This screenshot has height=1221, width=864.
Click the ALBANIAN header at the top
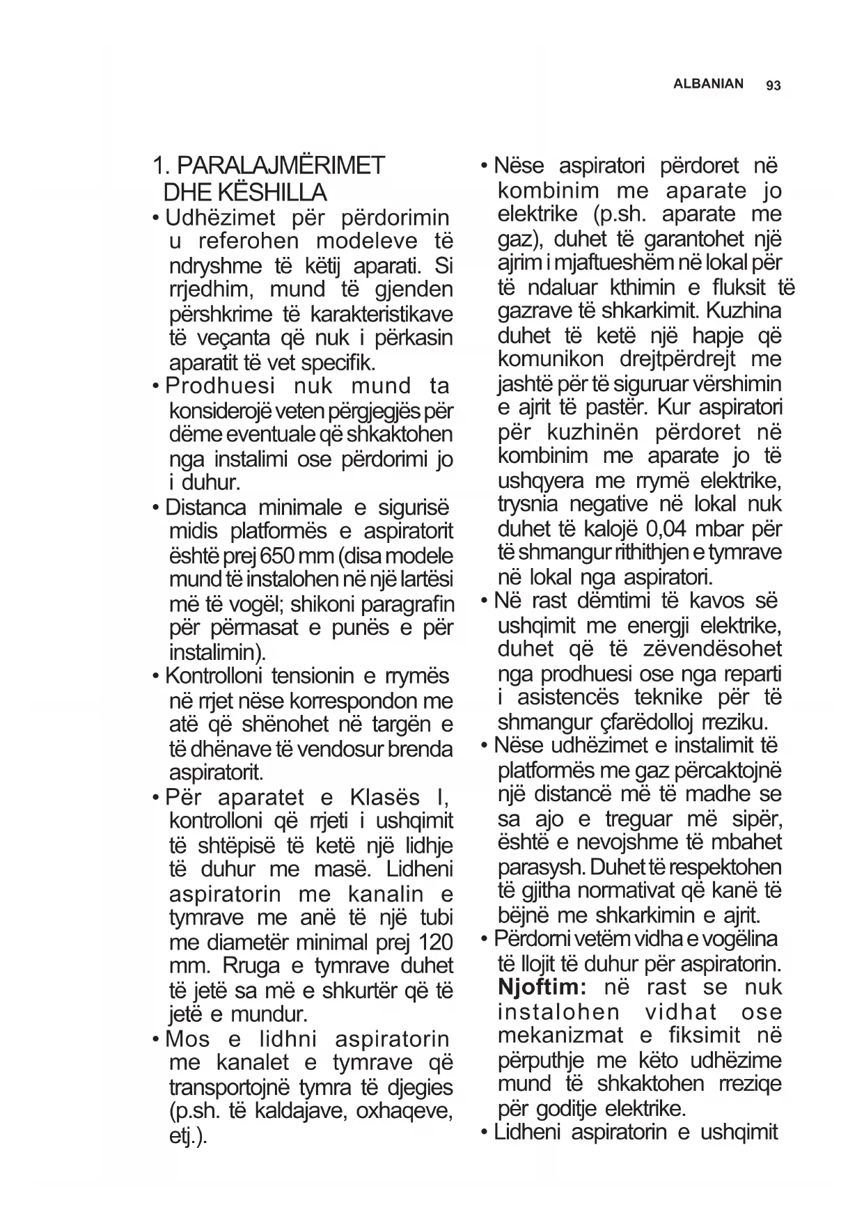coord(708,84)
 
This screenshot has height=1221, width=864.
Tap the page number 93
coord(773,86)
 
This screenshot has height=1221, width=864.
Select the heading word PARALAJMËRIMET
coord(281,166)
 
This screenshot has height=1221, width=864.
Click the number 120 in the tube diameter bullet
coord(437,943)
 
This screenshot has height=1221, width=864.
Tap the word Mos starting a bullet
coord(187,1039)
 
